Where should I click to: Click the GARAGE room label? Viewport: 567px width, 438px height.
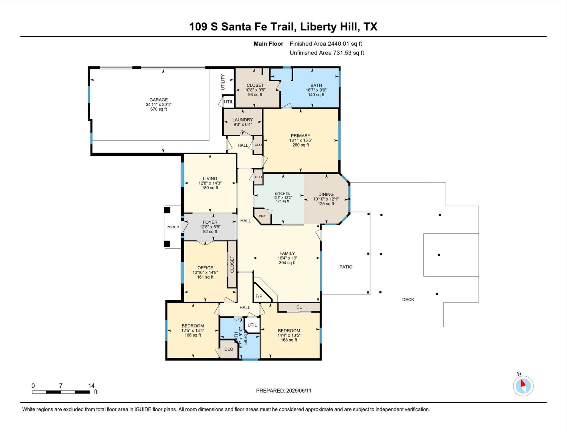tap(158, 100)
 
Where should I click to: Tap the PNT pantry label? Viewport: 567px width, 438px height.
tap(262, 216)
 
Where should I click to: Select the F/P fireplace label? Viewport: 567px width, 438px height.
tap(259, 296)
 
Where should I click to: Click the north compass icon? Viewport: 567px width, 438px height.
tap(523, 386)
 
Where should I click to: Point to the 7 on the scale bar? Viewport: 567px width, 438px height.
tap(61, 386)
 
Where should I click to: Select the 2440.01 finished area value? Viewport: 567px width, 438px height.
tap(338, 44)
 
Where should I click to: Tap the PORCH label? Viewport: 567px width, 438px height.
tap(173, 227)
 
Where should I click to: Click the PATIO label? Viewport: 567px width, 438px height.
tap(346, 267)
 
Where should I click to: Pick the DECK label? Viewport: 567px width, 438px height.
tap(408, 299)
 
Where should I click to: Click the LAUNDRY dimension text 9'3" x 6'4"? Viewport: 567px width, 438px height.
tap(242, 124)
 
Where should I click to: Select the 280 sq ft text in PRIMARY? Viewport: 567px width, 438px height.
tap(300, 145)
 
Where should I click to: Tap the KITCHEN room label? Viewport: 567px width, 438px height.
tap(282, 194)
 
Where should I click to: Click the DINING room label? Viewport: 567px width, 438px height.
tap(326, 194)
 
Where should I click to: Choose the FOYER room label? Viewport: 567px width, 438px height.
tap(210, 222)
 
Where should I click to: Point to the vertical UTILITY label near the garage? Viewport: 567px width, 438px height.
tap(223, 82)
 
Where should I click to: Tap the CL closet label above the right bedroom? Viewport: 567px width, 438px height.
tap(299, 307)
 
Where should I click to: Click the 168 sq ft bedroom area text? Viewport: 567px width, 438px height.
tap(289, 340)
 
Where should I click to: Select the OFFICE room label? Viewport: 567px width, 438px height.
tap(205, 267)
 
